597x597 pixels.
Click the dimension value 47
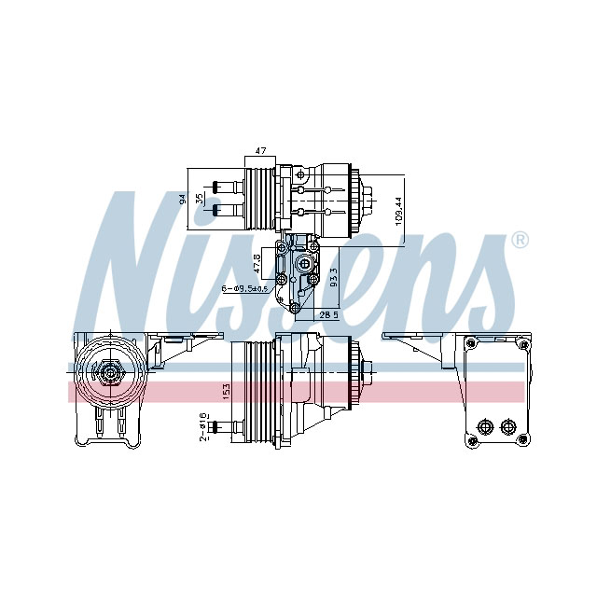coord(261,151)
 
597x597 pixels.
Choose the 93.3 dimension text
coord(333,277)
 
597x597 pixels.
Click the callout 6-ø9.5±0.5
coord(244,289)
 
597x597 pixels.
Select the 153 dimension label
coord(225,392)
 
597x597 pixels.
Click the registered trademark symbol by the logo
coord(520,241)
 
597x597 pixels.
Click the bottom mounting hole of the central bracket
coord(295,308)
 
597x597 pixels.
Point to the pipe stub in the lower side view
coord(222,427)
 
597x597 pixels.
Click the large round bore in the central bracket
coord(302,266)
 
